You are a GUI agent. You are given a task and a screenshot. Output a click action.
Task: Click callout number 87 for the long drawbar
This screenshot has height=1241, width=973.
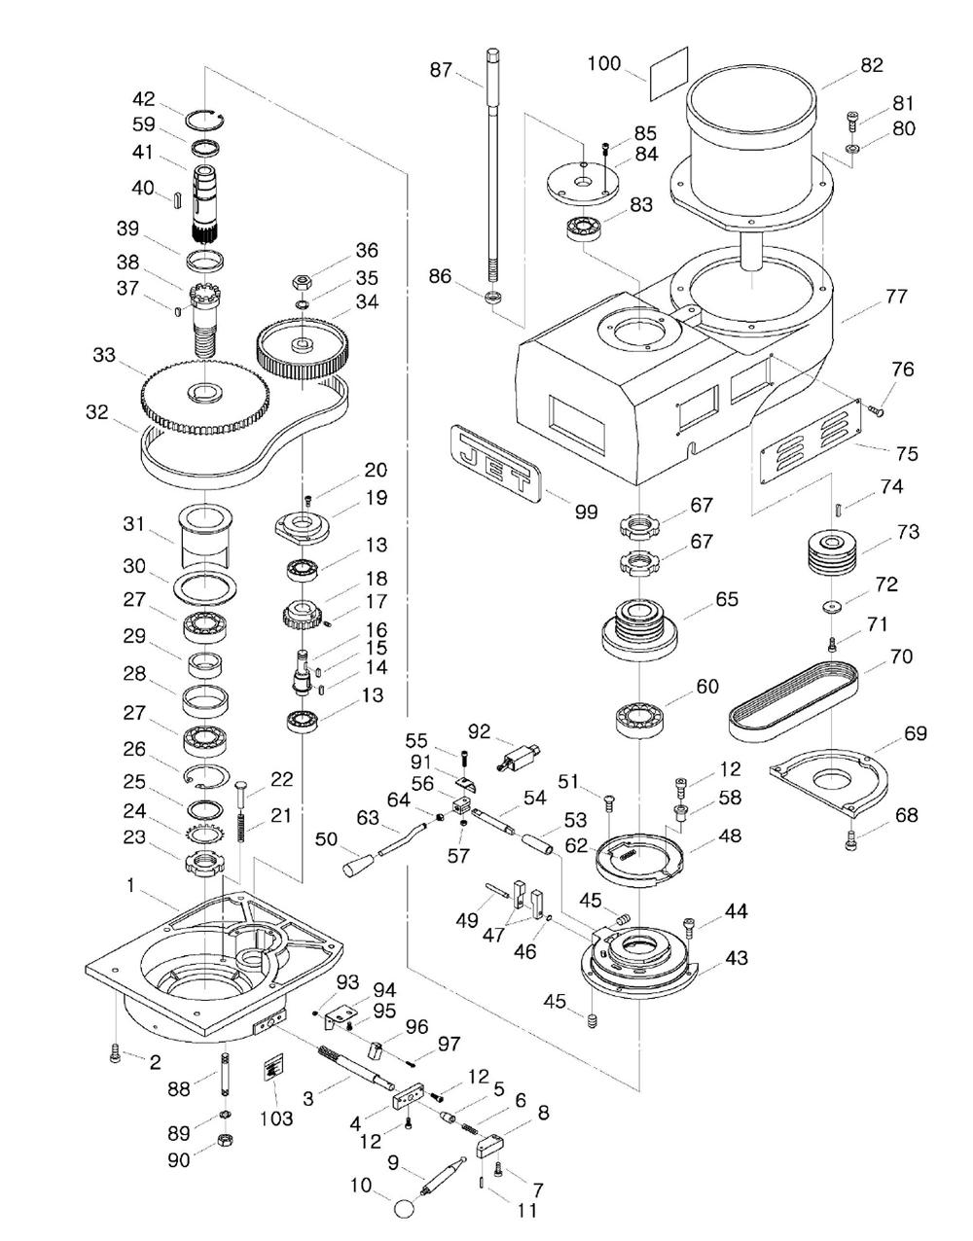pos(442,70)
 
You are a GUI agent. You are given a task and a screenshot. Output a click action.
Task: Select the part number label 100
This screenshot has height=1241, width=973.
pos(603,64)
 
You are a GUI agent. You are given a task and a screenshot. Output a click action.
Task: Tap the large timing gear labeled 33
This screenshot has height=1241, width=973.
pos(204,394)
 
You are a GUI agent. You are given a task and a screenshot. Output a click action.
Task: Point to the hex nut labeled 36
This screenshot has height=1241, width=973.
pos(301,282)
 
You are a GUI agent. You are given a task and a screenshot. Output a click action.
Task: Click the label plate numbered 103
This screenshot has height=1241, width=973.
pos(271,1070)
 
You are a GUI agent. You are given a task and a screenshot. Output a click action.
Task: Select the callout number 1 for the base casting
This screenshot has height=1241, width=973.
pos(130,885)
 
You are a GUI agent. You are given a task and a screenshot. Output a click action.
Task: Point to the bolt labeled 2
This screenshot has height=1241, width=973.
pos(115,1052)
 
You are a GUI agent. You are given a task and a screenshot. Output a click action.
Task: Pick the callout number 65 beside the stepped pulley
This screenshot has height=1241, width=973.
pos(726,598)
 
